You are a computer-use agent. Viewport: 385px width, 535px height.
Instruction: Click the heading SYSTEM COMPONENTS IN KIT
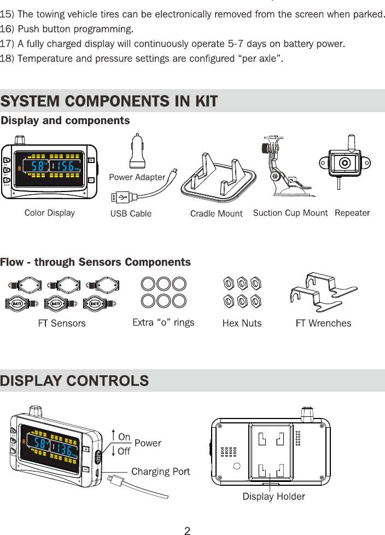point(109,101)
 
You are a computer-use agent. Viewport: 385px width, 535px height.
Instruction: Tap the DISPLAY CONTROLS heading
point(75,381)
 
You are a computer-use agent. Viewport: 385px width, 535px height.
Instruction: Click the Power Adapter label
point(137,177)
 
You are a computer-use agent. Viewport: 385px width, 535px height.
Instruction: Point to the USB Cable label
point(131,213)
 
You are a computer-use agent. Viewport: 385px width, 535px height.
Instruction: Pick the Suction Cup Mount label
point(290,213)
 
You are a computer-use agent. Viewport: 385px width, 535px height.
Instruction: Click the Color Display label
point(50,213)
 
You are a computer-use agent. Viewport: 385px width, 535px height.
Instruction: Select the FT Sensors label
point(62,323)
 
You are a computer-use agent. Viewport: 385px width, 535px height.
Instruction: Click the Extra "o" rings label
point(164,323)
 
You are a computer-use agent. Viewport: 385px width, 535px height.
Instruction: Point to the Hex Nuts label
point(242,323)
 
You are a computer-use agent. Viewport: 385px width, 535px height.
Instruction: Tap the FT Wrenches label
point(323,323)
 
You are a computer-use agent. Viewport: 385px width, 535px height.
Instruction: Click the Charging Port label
point(161,472)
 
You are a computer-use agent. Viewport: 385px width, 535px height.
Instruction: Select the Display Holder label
point(273,497)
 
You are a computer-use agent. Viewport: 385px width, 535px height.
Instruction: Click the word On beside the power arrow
point(125,437)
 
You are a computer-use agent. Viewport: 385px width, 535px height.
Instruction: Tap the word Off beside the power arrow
point(125,451)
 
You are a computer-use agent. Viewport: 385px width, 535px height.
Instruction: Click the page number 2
point(187,530)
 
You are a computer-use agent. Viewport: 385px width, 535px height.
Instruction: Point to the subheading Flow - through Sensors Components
point(96,262)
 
